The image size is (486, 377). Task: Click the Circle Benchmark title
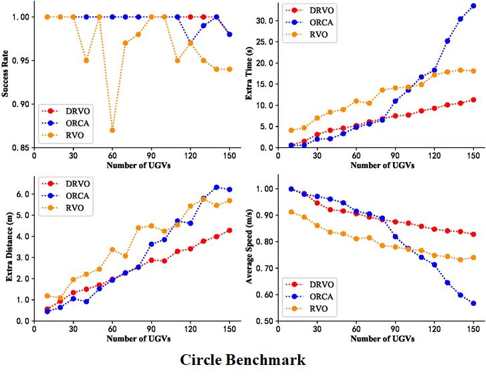coord(243,360)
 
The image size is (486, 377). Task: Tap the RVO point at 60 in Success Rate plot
coord(112,130)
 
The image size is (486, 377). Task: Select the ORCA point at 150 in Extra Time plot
coord(473,6)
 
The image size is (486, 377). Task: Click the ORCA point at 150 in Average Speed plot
coord(473,303)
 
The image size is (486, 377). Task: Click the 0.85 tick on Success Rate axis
coord(22,147)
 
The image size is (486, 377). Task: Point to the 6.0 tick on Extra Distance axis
coord(24,194)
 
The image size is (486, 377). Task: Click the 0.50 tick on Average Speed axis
coord(266,321)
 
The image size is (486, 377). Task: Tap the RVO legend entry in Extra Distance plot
coord(69,208)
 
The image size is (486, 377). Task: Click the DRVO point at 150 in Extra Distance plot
coord(229,230)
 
